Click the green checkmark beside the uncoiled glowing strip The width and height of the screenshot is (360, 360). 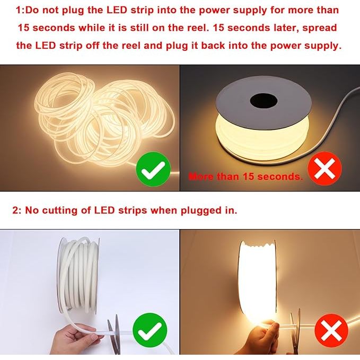[x=153, y=169]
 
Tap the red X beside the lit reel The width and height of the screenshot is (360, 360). [x=324, y=169]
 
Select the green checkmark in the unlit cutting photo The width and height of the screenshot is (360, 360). [x=150, y=330]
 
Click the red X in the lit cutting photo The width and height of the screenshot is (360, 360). [x=331, y=331]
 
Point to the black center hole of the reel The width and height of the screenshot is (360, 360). [x=264, y=101]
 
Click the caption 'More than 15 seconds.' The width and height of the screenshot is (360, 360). [x=245, y=177]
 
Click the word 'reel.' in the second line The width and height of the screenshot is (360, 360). [x=197, y=28]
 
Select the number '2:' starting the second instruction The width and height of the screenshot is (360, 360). [x=16, y=210]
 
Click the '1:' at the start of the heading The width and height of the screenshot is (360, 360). [x=20, y=10]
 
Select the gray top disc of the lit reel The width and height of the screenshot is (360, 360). [x=264, y=103]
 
